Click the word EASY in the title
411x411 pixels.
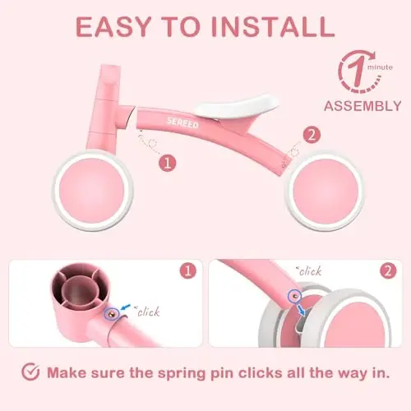113,26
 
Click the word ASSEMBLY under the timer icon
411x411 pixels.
363,106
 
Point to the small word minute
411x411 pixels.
380,67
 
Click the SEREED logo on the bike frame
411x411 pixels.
182,122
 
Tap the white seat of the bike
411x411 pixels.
238,105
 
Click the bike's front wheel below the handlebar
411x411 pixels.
93,191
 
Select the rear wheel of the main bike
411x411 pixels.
326,190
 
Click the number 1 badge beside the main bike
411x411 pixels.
168,164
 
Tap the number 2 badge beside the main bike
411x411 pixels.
312,135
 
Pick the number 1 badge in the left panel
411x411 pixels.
188,271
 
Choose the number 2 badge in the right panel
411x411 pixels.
388,271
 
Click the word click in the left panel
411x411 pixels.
148,312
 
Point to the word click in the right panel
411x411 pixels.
310,271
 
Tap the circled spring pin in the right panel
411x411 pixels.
294,296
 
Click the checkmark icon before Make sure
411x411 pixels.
30,372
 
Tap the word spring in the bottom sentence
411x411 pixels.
182,374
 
